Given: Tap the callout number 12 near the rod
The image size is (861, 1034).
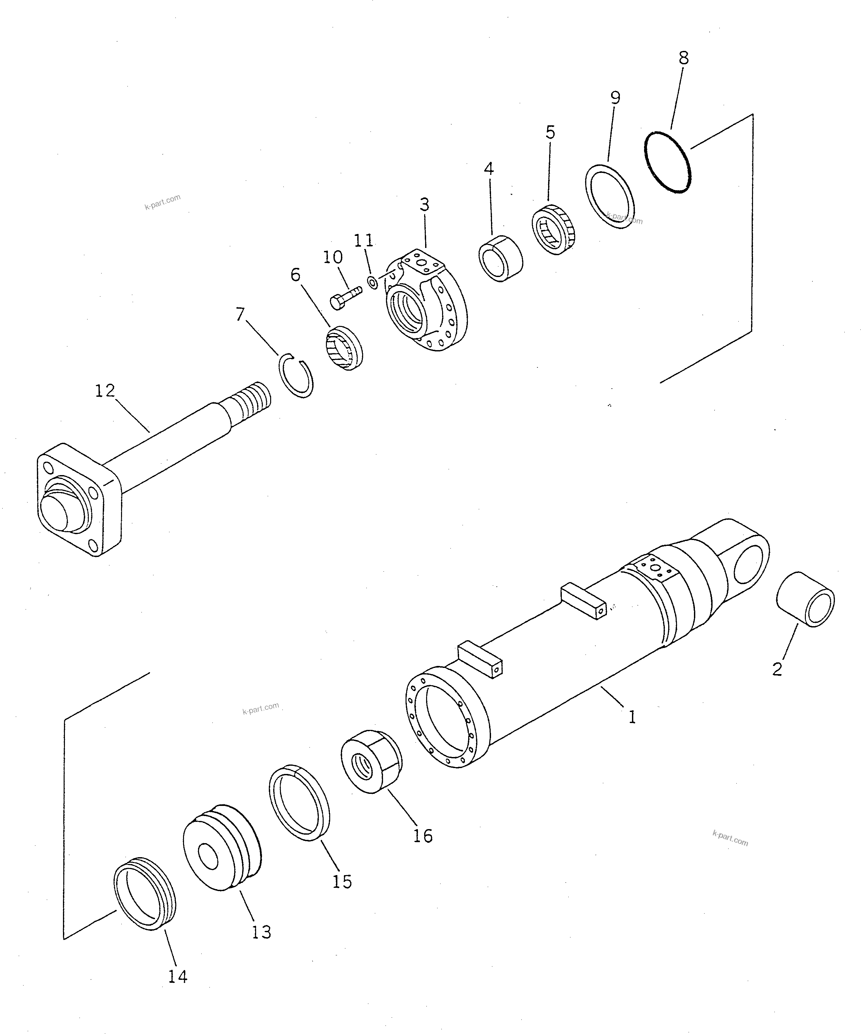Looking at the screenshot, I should pyautogui.click(x=105, y=391).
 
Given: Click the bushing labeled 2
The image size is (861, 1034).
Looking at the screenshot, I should pyautogui.click(x=805, y=599).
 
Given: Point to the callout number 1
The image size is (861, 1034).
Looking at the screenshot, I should pyautogui.click(x=632, y=717).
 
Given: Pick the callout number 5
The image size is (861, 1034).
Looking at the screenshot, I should pyautogui.click(x=550, y=132).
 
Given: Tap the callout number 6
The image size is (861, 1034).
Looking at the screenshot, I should pyautogui.click(x=295, y=275).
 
